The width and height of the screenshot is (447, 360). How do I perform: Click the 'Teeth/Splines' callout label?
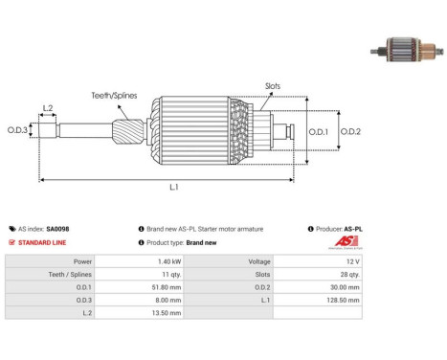(x=114, y=96)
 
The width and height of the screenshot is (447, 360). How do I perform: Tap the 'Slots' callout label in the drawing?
(x=273, y=86)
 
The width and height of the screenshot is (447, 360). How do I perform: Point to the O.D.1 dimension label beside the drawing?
(x=319, y=131)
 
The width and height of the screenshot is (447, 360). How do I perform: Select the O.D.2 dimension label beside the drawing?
(x=350, y=131)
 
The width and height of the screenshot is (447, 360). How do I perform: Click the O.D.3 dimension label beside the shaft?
(x=17, y=130)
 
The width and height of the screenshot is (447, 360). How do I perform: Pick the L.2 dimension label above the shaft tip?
(x=48, y=108)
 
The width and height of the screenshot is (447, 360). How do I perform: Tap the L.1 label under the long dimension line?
(x=174, y=187)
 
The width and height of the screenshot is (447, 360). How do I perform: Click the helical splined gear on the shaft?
(x=128, y=130)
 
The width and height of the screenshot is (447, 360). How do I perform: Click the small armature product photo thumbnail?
(x=407, y=50)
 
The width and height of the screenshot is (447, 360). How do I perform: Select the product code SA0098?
(x=57, y=229)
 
